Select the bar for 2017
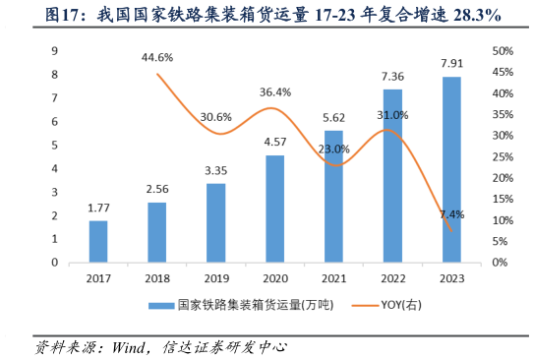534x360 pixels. [x=98, y=242]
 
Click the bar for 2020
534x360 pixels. [x=275, y=209]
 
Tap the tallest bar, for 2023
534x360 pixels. [x=451, y=169]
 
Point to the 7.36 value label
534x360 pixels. [x=391, y=76]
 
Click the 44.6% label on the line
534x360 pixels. [x=157, y=57]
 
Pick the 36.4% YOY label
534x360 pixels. [x=274, y=92]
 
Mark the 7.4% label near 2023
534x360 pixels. [x=451, y=214]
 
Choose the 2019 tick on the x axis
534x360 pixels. [x=215, y=278]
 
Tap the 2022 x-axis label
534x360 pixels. [x=392, y=278]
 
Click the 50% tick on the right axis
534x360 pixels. [x=502, y=51]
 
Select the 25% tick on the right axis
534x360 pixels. [x=502, y=157]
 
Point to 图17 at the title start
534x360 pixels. [x=57, y=15]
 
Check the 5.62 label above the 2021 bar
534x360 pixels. [x=333, y=117]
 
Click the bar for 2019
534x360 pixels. [x=215, y=223]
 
